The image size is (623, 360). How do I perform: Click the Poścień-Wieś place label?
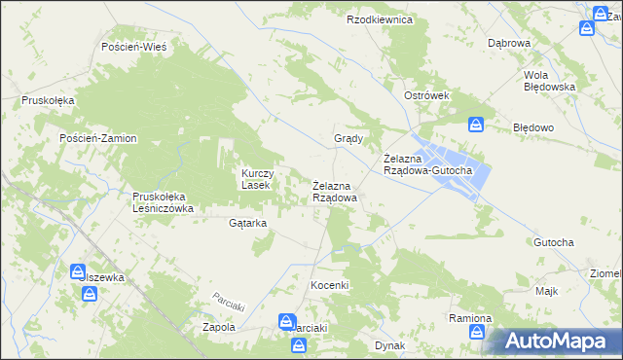[x=134, y=47]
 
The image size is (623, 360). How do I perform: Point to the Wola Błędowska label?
[x=549, y=81]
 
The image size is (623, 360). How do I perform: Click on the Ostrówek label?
[x=426, y=95]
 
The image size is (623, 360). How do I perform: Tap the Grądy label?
[x=348, y=138]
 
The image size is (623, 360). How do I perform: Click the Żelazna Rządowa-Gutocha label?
[x=427, y=165]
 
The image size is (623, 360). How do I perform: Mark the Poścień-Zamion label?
[x=98, y=138]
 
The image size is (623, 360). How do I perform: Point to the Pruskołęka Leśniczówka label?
[x=164, y=202]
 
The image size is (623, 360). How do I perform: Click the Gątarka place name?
[x=247, y=223]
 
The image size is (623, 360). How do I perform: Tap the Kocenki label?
[x=329, y=285]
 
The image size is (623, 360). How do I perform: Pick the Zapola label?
[x=218, y=328]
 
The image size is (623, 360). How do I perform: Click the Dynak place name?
[x=389, y=345]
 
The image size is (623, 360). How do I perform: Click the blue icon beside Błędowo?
[x=476, y=124]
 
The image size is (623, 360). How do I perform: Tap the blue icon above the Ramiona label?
[x=476, y=333]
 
